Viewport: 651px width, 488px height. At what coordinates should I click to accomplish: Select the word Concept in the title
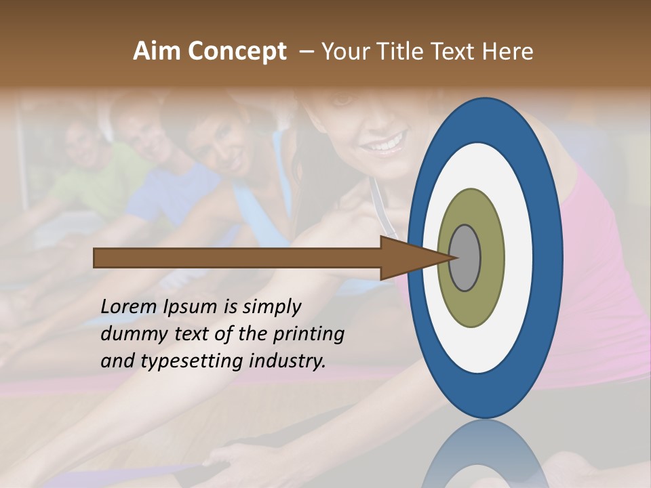[237, 52]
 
